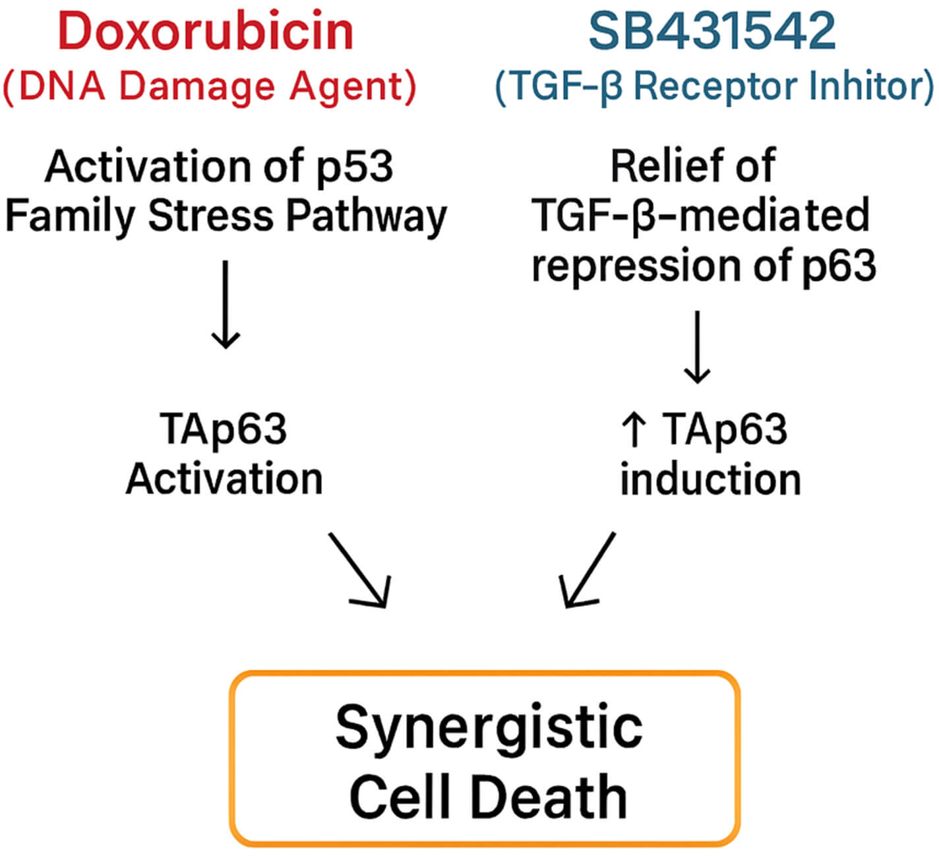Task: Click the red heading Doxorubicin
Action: point(206,32)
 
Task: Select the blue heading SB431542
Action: point(712,32)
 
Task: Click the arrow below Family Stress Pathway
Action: point(226,304)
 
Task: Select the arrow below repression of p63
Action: point(697,347)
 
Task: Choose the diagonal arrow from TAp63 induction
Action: point(587,570)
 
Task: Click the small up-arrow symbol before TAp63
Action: point(634,429)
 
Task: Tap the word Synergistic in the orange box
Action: point(489,728)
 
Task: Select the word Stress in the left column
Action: point(210,216)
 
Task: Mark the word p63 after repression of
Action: point(838,266)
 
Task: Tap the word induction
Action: point(710,479)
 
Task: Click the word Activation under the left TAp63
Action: point(224,479)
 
